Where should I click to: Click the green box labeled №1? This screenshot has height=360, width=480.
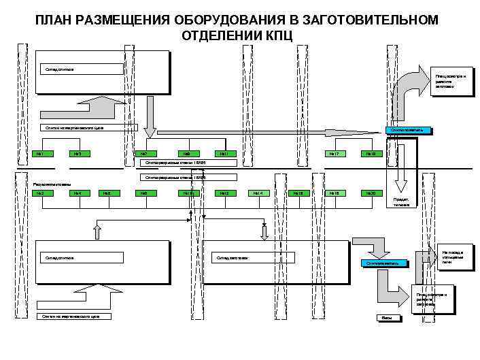point(41,153)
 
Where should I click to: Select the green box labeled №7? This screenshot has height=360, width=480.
point(144,153)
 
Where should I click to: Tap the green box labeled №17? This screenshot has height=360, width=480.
point(334,153)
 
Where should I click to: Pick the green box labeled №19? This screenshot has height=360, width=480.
point(371,153)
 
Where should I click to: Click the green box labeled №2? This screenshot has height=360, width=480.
point(41,193)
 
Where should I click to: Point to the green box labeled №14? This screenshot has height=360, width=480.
point(258,193)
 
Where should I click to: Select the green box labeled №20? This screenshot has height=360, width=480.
point(371,193)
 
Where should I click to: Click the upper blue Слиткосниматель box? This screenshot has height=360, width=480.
point(407,130)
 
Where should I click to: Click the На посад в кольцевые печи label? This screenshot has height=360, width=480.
point(453,257)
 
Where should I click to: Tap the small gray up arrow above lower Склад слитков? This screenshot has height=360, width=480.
point(97,233)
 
